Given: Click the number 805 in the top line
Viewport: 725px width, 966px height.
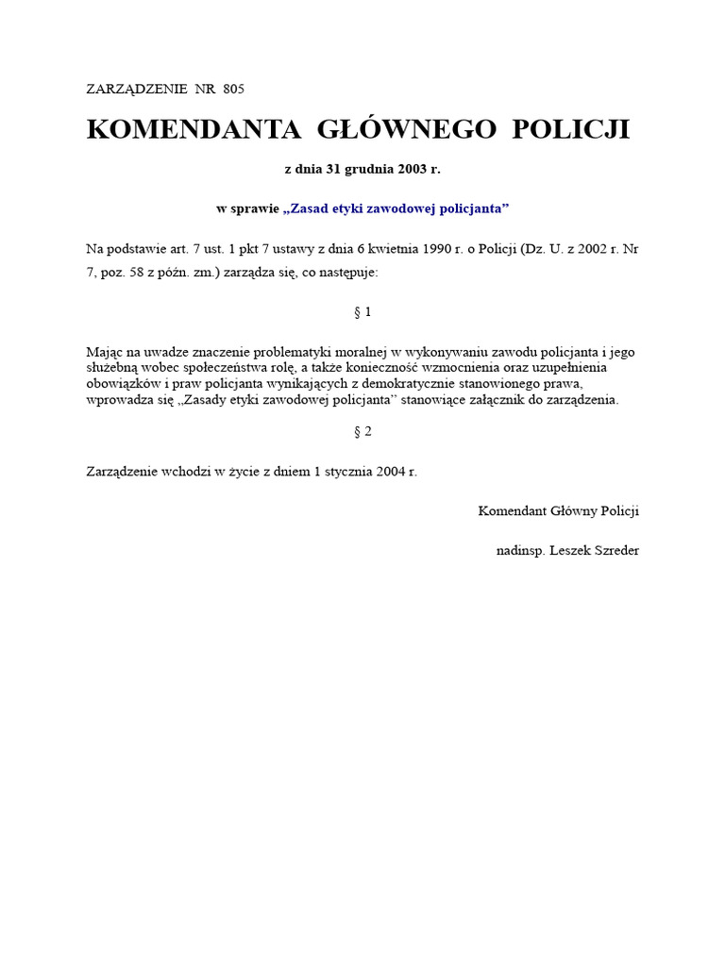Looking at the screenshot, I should tap(234, 89).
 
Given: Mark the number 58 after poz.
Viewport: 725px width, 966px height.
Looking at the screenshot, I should tap(141, 272).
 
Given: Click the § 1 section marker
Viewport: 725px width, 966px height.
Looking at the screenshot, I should tap(362, 312).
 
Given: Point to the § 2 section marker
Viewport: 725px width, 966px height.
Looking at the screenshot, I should tap(362, 431).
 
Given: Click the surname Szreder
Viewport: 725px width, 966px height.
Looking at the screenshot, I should tap(615, 550).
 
